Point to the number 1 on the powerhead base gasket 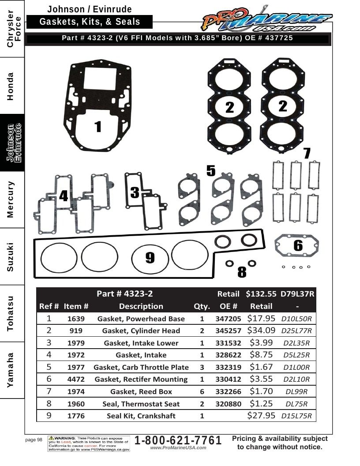coord(98,126)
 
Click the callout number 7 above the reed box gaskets coord(307,153)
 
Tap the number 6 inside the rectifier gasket coord(298,245)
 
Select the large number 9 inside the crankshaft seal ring coord(150,257)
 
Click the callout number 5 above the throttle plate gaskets coord(211,171)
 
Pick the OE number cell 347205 coord(228,319)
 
